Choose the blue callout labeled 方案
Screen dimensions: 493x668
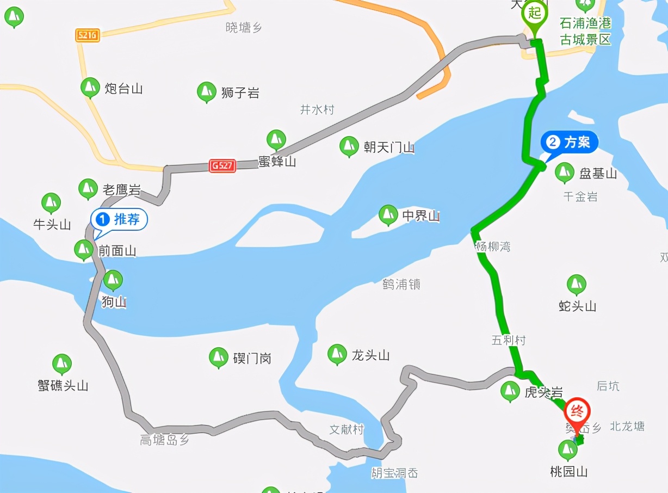click(x=569, y=143)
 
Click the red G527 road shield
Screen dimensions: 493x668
click(x=222, y=166)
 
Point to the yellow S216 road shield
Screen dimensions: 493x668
click(x=87, y=35)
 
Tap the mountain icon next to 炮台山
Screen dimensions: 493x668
click(x=90, y=87)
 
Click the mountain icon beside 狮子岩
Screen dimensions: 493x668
click(x=206, y=91)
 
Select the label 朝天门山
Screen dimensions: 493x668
click(x=389, y=147)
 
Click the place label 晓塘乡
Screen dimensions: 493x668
click(x=244, y=28)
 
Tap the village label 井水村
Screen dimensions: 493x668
click(x=317, y=110)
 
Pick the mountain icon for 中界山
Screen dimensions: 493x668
click(x=388, y=214)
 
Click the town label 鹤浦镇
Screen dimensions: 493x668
click(x=401, y=284)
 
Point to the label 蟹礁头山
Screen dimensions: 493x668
click(x=63, y=386)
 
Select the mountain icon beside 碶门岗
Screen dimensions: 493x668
click(x=219, y=357)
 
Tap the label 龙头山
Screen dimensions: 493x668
click(x=370, y=356)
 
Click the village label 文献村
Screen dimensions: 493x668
click(x=347, y=429)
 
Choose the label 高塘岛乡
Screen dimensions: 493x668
click(x=164, y=440)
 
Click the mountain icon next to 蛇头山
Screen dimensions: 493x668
click(x=576, y=285)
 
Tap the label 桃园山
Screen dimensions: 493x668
click(x=568, y=471)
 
